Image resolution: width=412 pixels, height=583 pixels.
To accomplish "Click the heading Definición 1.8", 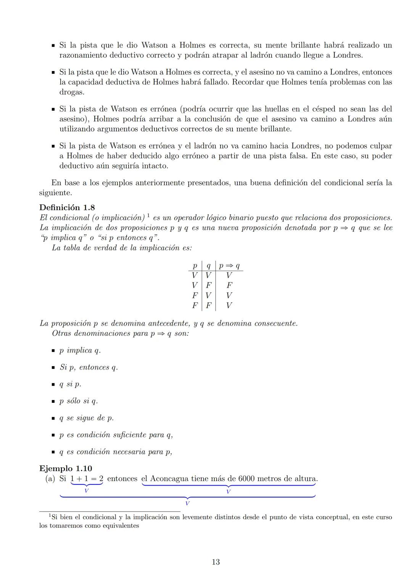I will pyautogui.click(x=67, y=207).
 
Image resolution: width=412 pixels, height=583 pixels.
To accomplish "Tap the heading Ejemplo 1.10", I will pyautogui.click(x=65, y=468).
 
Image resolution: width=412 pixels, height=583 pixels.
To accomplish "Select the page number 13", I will pyautogui.click(x=216, y=562).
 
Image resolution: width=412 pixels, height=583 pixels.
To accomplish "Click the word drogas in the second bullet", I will pyautogui.click(x=71, y=92).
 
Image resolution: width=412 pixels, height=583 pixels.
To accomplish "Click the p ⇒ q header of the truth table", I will pyautogui.click(x=229, y=265).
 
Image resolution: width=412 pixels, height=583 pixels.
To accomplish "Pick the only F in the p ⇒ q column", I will pyautogui.click(x=229, y=285).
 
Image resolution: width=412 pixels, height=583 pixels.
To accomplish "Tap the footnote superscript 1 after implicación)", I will pyautogui.click(x=148, y=216).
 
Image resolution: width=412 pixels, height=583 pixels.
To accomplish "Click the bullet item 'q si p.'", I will pyautogui.click(x=70, y=384).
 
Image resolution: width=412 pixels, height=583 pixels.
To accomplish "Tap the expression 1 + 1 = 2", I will pyautogui.click(x=87, y=478).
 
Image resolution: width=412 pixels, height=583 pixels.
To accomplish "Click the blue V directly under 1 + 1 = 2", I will pyautogui.click(x=87, y=491).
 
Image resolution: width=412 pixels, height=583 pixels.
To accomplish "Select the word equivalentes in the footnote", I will pyautogui.click(x=121, y=526).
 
